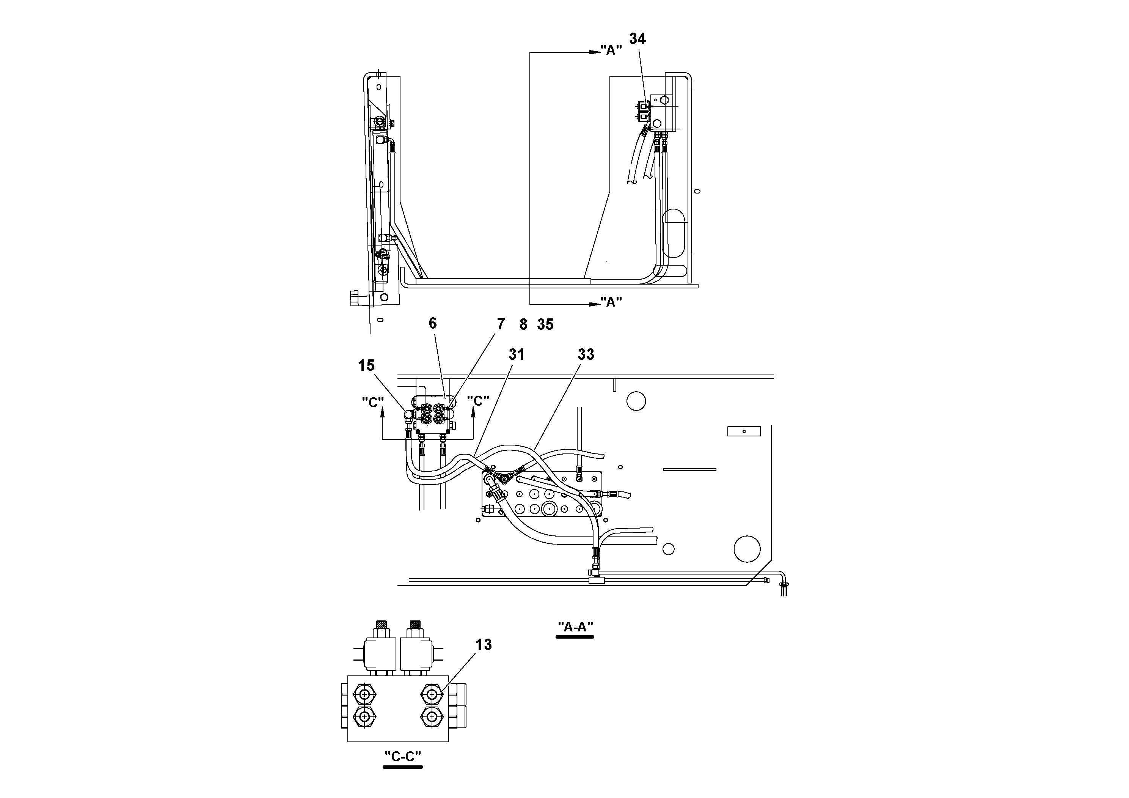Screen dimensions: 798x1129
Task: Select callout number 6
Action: point(433,323)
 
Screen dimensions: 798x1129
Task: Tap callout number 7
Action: point(501,324)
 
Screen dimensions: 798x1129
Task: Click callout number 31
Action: point(516,354)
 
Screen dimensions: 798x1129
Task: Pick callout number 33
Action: point(586,354)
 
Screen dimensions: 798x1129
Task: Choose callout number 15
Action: point(366,365)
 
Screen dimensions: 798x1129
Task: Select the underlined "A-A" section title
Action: point(575,627)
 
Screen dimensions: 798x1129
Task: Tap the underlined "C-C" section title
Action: point(403,757)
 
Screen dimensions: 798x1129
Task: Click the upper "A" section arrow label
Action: point(611,51)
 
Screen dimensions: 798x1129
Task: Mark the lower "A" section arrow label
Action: point(611,302)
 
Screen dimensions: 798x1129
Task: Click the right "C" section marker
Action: point(478,401)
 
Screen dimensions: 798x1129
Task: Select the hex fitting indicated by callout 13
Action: point(432,694)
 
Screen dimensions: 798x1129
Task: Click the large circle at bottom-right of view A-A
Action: point(747,549)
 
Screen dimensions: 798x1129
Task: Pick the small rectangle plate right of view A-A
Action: point(743,431)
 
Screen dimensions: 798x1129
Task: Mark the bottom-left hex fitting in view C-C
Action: point(364,717)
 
